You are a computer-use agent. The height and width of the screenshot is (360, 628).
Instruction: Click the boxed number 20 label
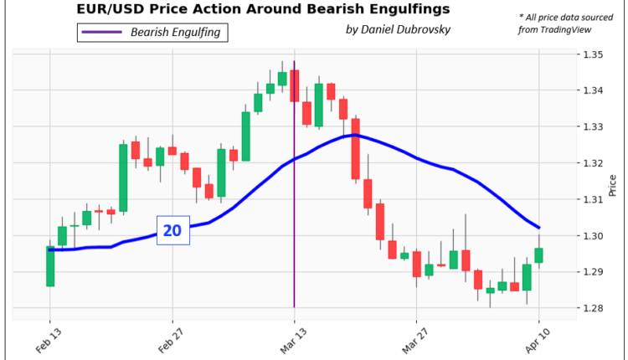tap(172, 229)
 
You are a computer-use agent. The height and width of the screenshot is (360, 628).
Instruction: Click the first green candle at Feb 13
tap(50, 266)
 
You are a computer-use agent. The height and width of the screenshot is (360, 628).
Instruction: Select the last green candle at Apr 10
tap(538, 255)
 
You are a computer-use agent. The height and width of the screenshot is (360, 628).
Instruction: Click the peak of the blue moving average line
tap(355, 134)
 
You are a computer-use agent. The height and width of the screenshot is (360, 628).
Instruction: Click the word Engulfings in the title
tap(401, 10)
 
